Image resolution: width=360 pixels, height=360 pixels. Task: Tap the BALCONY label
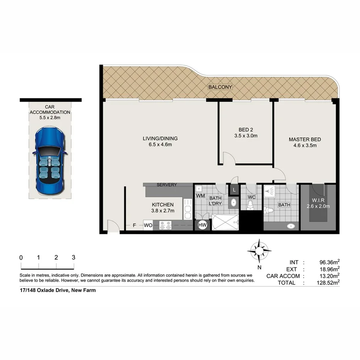tap(220, 87)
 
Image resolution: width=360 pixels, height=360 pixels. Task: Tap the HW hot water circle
tap(202, 225)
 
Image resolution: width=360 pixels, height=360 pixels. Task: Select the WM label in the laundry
tap(200, 196)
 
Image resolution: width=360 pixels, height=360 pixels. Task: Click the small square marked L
tap(234, 190)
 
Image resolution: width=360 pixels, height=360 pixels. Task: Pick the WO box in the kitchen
tap(148, 225)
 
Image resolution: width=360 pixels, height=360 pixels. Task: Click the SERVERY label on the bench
tap(166, 185)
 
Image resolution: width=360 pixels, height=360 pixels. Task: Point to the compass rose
tap(259, 251)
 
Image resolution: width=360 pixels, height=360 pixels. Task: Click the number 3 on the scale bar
tap(73, 258)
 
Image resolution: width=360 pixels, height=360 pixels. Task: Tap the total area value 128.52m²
tap(326, 283)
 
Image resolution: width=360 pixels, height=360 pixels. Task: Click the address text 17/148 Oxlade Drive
tap(57, 290)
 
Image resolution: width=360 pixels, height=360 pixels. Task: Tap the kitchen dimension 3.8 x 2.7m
tap(162, 211)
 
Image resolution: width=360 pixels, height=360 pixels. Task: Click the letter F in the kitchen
tap(134, 225)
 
